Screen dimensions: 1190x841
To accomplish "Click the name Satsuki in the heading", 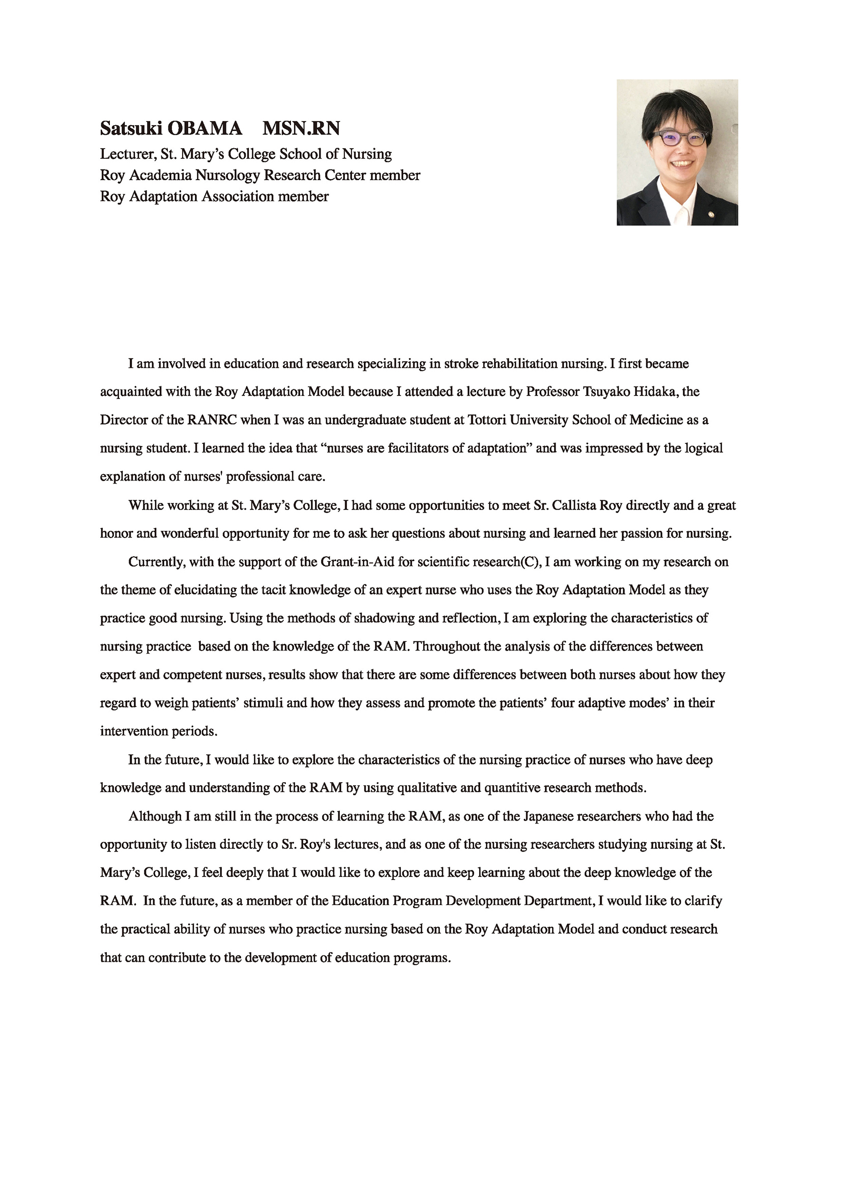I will (131, 128).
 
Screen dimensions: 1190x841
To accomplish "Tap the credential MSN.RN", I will (301, 128).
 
